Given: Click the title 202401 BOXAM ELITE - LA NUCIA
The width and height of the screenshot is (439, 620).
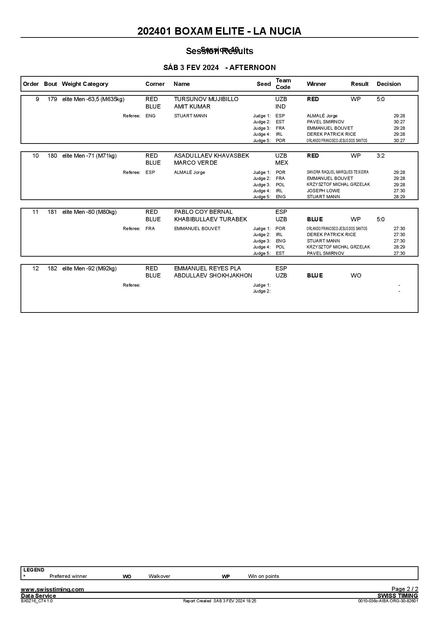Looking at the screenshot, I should pyautogui.click(x=219, y=31).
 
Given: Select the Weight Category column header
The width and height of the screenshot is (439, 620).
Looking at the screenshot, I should pyautogui.click(x=85, y=84).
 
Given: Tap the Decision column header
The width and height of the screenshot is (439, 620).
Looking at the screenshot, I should pyautogui.click(x=388, y=84).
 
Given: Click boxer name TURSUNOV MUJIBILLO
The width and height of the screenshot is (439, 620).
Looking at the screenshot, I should pyautogui.click(x=206, y=99).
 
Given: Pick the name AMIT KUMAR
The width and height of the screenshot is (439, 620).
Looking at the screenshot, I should pyautogui.click(x=192, y=107).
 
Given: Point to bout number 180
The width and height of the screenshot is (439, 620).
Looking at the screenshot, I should pyautogui.click(x=52, y=156).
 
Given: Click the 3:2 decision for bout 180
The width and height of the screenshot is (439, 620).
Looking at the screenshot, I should pyautogui.click(x=380, y=156).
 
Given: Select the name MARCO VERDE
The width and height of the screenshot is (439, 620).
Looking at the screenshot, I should pyautogui.click(x=195, y=163).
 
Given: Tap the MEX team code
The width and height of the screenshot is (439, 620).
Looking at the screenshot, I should pyautogui.click(x=281, y=163).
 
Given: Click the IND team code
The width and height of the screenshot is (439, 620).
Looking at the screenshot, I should pyautogui.click(x=280, y=107).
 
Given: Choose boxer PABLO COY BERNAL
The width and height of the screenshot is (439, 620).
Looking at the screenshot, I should pyautogui.click(x=203, y=212).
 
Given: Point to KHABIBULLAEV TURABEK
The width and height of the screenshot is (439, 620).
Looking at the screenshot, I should pyautogui.click(x=210, y=220).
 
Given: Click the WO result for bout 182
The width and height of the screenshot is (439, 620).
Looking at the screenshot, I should pyautogui.click(x=356, y=276).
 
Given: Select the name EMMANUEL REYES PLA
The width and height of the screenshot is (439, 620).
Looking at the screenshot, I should pyautogui.click(x=207, y=269).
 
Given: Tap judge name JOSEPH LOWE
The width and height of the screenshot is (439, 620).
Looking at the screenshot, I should pyautogui.click(x=323, y=191).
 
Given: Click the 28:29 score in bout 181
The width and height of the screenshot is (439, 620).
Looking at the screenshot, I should pyautogui.click(x=399, y=247).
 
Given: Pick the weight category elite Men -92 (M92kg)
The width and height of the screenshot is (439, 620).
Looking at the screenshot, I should pyautogui.click(x=89, y=269).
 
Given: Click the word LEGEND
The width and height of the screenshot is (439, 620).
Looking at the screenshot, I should pyautogui.click(x=34, y=570).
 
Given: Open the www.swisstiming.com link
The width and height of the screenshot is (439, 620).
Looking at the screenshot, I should pyautogui.click(x=52, y=589).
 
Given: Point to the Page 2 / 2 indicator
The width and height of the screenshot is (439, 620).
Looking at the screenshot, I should pyautogui.click(x=405, y=589).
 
